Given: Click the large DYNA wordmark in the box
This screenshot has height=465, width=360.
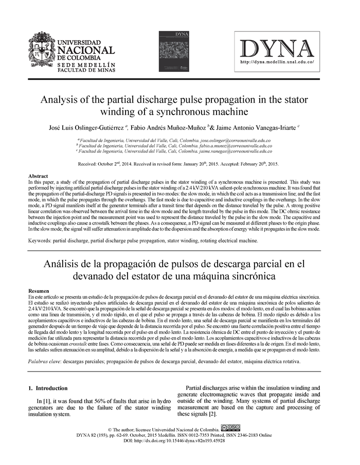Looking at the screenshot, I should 277,48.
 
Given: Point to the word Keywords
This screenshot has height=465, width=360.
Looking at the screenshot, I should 41,240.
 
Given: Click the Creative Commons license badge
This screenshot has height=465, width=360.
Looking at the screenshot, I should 230,427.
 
